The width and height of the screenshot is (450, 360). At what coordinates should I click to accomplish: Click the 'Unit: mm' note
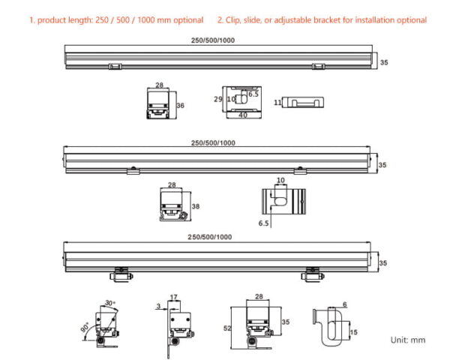pyautogui.click(x=408, y=340)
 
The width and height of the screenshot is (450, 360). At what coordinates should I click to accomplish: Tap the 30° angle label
pyautogui.click(x=109, y=304)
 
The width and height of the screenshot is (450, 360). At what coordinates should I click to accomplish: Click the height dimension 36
pyautogui.click(x=180, y=106)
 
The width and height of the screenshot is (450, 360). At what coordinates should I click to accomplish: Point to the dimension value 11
pyautogui.click(x=277, y=101)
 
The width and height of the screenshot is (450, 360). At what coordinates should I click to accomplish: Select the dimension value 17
pyautogui.click(x=173, y=298)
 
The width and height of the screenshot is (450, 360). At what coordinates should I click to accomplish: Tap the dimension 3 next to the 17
pyautogui.click(x=160, y=305)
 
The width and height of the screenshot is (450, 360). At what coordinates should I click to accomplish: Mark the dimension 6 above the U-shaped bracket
pyautogui.click(x=344, y=304)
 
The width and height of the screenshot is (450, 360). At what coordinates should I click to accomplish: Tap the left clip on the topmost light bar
pyautogui.click(x=115, y=67)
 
